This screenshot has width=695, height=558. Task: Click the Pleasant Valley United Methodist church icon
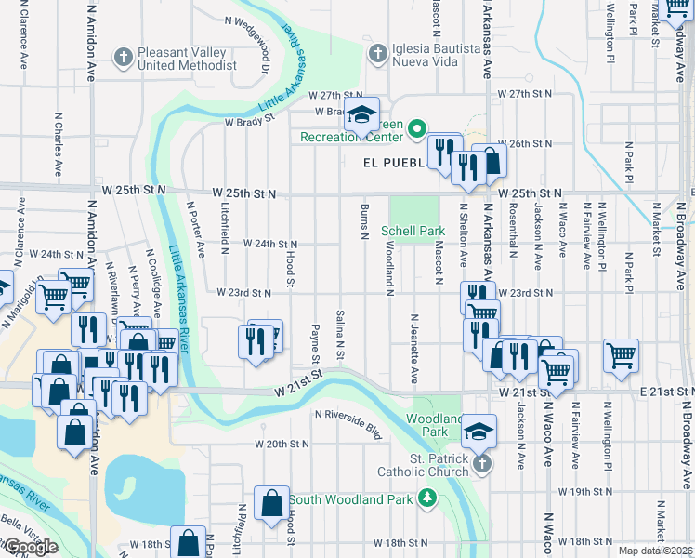pos(122,57)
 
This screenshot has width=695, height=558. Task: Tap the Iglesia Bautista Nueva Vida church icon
pos(377,53)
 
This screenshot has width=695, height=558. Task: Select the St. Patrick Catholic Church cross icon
pos(480,464)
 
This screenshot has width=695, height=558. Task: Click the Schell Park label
pos(413,230)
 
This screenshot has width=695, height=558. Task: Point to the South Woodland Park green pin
pos(427,498)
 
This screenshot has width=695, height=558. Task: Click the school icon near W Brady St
pos(361,115)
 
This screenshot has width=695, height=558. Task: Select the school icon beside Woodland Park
pos(479,431)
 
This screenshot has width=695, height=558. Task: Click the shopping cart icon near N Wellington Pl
pos(620,354)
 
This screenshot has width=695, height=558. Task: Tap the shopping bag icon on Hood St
pos(270,503)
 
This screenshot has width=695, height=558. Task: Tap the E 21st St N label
pos(666,393)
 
